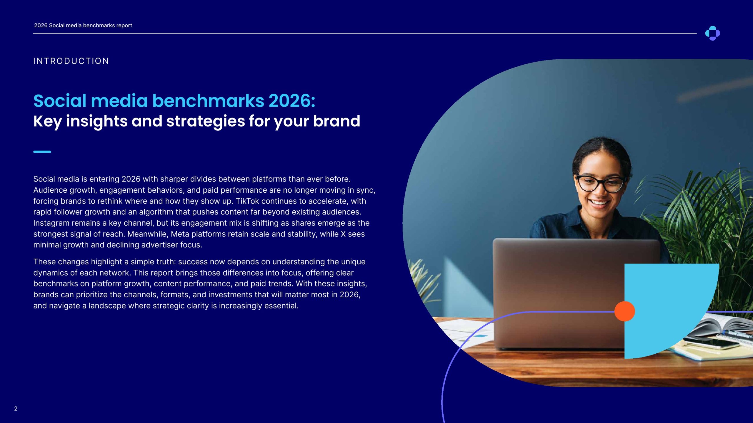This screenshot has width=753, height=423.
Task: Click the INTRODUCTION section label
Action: [x=71, y=61]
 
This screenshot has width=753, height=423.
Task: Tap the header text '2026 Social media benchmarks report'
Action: [x=83, y=26]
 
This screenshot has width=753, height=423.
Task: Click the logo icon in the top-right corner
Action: [x=712, y=33]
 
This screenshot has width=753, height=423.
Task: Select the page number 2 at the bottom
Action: [x=16, y=408]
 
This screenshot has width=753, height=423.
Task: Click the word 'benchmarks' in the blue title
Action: [x=208, y=101]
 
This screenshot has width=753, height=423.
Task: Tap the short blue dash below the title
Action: [x=42, y=152]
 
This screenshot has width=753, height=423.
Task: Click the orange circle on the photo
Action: [x=624, y=311]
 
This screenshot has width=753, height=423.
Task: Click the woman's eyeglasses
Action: [x=600, y=183]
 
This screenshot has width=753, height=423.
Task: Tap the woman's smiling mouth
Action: [x=598, y=202]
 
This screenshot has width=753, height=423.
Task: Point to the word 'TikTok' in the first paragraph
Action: [x=247, y=201]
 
